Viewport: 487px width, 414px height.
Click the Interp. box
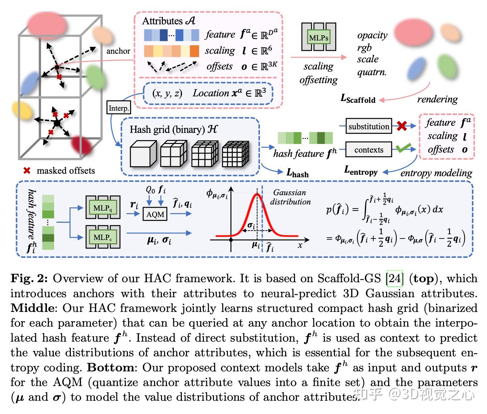[x=119, y=107]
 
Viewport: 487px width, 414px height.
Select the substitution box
[x=368, y=126]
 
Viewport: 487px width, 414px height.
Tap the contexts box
[x=368, y=149]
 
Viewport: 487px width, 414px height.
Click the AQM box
[x=155, y=214]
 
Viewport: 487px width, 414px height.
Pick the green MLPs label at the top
[x=319, y=38]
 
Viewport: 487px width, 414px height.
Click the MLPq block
[x=103, y=207]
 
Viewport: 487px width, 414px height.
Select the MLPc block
[x=103, y=237]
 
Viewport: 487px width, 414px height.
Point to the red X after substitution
[x=401, y=126]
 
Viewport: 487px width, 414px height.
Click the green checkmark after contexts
[x=403, y=148]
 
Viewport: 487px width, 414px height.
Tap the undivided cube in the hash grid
[x=143, y=154]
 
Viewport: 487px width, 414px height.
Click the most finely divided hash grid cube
[x=236, y=154]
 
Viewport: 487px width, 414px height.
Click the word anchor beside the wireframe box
[x=118, y=51]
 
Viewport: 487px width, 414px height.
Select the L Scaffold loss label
[x=358, y=98]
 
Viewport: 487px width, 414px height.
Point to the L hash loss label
[x=297, y=173]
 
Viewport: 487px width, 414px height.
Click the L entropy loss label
[x=361, y=170]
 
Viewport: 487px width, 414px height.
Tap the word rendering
[x=437, y=99]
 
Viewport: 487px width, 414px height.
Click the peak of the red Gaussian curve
[x=257, y=194]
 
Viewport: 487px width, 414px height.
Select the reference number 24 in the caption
[x=395, y=278]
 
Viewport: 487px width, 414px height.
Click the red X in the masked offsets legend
[x=27, y=170]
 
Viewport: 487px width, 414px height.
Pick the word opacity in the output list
[x=372, y=35]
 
